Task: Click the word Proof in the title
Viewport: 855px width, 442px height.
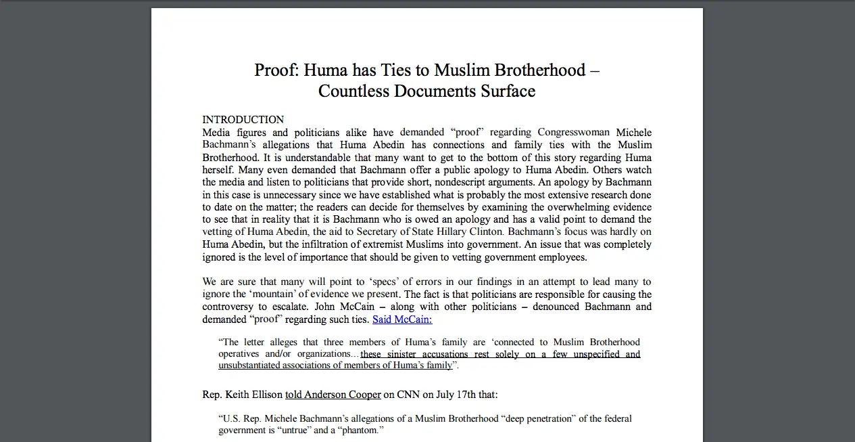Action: [274, 70]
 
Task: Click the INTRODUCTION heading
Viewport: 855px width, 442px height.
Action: [243, 120]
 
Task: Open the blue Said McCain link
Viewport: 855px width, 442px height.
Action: [402, 319]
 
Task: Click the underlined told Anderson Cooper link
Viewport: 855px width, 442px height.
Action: [333, 395]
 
